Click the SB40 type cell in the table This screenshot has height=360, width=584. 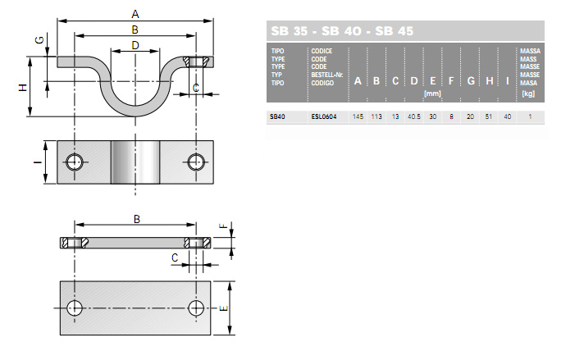[277, 116]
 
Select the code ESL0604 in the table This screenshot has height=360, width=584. [324, 116]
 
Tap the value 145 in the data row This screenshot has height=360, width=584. [358, 116]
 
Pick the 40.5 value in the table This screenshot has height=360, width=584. [413, 116]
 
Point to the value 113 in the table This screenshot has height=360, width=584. [376, 116]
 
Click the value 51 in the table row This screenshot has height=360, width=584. [489, 116]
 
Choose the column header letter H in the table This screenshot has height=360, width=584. [489, 81]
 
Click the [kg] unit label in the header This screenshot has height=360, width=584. [528, 93]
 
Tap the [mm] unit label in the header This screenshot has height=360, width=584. [432, 93]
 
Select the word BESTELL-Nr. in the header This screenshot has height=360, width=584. [327, 75]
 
